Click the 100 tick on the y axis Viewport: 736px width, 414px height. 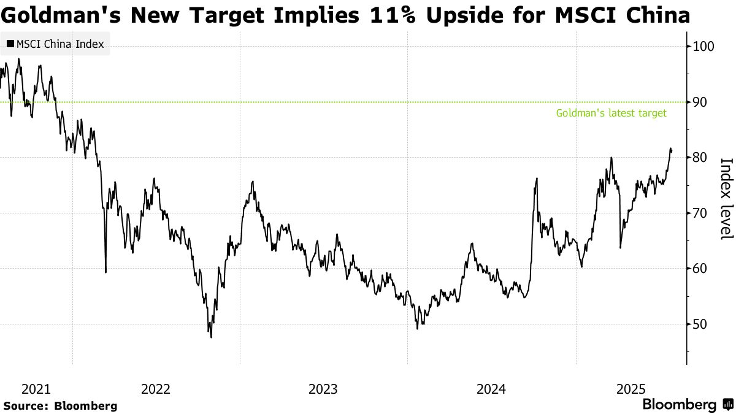tap(703, 46)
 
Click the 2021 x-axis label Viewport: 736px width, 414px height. tap(36, 389)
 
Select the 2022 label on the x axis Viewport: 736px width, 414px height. tap(156, 389)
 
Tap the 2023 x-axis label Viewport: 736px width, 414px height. tap(323, 389)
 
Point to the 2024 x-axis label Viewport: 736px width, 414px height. tap(491, 389)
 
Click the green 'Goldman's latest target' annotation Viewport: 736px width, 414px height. tap(611, 113)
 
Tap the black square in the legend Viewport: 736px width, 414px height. tap(10, 44)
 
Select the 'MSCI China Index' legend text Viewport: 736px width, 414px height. tap(60, 44)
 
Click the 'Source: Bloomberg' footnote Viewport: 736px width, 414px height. tap(60, 406)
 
